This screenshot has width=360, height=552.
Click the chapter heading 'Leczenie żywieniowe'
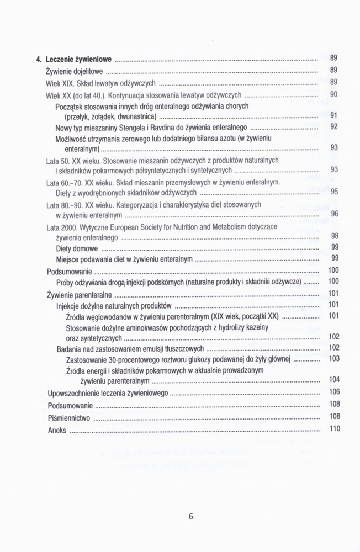coord(79,58)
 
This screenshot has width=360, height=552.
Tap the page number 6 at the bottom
coord(191,517)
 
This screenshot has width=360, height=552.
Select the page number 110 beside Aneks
coord(334,428)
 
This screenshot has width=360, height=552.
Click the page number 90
coord(333,94)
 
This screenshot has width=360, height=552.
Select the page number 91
coord(333,115)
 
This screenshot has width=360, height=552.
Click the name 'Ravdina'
coord(167,128)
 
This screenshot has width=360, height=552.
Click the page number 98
coord(334,236)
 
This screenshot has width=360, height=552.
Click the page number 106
coord(334,391)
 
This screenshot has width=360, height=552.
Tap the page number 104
coord(334,379)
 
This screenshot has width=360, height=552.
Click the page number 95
coord(334,192)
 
